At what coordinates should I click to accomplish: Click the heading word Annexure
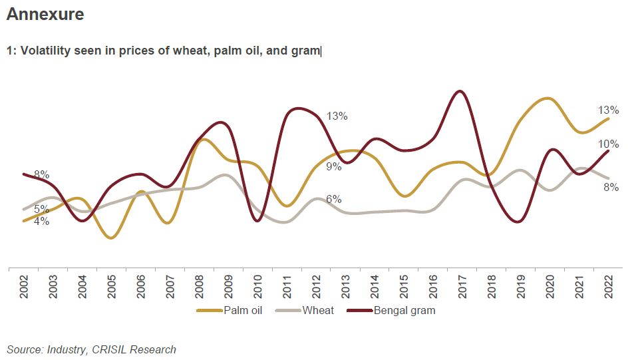coord(45,14)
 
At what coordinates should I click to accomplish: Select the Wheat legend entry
coord(318,310)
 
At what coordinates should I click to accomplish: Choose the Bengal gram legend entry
coord(404,310)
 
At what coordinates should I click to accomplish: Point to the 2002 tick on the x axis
coord(24,287)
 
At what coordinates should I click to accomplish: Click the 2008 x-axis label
coord(200,287)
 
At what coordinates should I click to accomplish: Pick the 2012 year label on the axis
coord(317,287)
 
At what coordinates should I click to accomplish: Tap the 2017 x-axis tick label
coord(464,287)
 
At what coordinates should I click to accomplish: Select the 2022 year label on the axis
coord(609,287)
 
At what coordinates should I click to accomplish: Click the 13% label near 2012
coord(337,116)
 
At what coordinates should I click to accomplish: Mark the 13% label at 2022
coord(608,110)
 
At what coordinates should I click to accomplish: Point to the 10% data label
coord(608,144)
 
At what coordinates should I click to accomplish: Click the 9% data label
coord(333,167)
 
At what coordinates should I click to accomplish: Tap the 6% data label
coord(333,200)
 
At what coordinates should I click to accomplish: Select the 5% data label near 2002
coord(41,209)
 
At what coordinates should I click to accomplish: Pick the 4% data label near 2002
coord(41,222)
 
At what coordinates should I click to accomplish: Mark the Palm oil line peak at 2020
coord(546,98)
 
